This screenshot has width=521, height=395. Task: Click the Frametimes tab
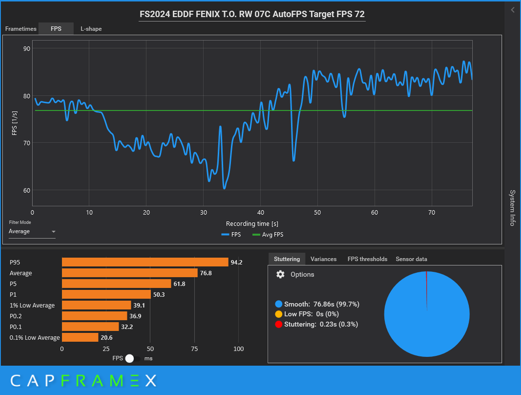pyautogui.click(x=21, y=29)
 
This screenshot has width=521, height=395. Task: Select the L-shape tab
pyautogui.click(x=91, y=29)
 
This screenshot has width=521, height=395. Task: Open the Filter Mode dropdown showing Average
pyautogui.click(x=32, y=232)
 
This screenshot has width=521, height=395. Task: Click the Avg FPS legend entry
pyautogui.click(x=268, y=235)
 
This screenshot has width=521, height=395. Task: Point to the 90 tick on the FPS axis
pyautogui.click(x=27, y=48)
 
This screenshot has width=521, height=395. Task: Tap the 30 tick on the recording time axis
pyautogui.click(x=203, y=212)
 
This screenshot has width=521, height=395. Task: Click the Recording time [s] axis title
pyautogui.click(x=252, y=224)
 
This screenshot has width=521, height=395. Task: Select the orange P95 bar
pyautogui.click(x=145, y=262)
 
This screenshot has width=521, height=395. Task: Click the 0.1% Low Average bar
pyautogui.click(x=80, y=338)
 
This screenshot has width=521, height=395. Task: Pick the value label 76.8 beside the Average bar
pyautogui.click(x=206, y=273)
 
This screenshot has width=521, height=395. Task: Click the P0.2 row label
pyautogui.click(x=16, y=316)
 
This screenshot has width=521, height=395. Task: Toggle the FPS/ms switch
pyautogui.click(x=133, y=358)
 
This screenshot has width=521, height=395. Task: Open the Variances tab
pyautogui.click(x=323, y=259)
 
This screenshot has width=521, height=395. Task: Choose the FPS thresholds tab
pyautogui.click(x=367, y=259)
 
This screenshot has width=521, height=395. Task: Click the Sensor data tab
pyautogui.click(x=411, y=259)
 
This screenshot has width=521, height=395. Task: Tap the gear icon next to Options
pyautogui.click(x=280, y=275)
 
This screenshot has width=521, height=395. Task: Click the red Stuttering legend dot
pyautogui.click(x=279, y=324)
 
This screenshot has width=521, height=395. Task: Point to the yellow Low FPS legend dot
pyautogui.click(x=279, y=314)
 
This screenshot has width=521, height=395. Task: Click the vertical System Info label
pyautogui.click(x=513, y=208)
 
